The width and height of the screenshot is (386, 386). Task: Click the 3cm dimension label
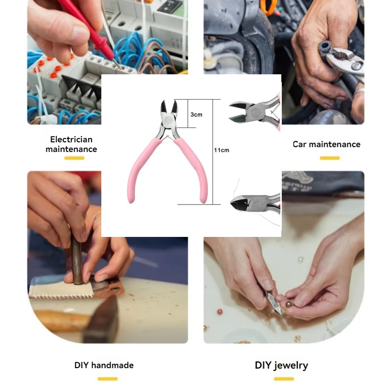[x=196, y=114]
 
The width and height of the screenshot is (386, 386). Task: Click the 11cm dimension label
[x=221, y=150]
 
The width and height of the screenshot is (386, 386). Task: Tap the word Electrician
[x=71, y=139]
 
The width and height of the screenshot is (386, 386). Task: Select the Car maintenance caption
[x=327, y=144]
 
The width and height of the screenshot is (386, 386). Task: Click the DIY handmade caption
[x=104, y=365]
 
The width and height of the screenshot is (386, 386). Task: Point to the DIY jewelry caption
[x=281, y=366]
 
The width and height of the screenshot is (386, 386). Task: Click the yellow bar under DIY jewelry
[x=284, y=379]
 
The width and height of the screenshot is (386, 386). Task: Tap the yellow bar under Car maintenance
[x=330, y=158]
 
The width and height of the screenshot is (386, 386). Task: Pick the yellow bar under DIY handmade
[x=108, y=379]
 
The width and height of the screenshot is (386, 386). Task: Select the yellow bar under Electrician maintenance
[x=74, y=158]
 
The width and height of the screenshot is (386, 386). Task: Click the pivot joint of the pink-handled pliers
[x=168, y=120]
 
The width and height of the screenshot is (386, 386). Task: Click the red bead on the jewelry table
[x=220, y=312]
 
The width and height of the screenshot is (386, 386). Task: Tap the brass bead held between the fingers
[x=288, y=305]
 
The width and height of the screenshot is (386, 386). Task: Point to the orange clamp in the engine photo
[x=269, y=7]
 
